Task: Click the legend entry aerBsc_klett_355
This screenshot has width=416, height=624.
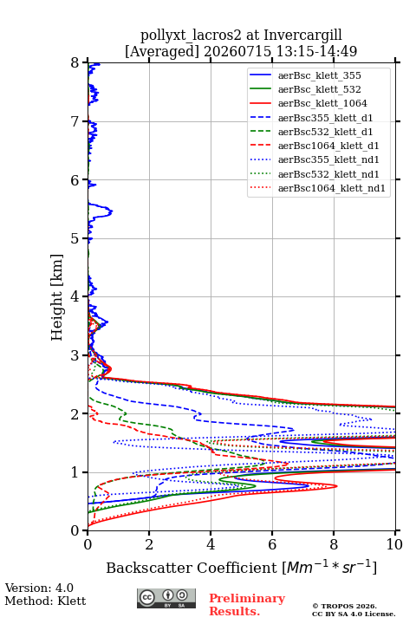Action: click(x=319, y=75)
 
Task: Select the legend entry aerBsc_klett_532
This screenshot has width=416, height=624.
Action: click(x=319, y=89)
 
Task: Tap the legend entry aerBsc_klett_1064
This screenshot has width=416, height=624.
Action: click(x=322, y=103)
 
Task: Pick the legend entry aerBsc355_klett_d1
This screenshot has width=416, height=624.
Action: click(x=325, y=118)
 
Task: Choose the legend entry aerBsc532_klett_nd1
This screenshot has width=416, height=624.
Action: click(x=328, y=174)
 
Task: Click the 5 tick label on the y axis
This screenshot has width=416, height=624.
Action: click(x=75, y=238)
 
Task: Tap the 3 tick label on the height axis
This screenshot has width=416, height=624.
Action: click(x=75, y=355)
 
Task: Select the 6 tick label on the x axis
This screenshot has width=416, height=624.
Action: click(x=272, y=544)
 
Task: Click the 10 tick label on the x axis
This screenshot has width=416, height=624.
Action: click(x=395, y=544)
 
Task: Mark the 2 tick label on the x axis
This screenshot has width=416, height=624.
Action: click(x=149, y=544)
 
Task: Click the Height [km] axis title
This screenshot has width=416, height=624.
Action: click(x=57, y=297)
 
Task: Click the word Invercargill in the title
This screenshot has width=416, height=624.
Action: click(x=303, y=36)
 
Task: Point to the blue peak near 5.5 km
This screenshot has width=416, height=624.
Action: click(x=112, y=211)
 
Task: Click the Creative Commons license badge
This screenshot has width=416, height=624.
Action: click(x=166, y=599)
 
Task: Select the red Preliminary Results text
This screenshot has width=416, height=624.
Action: click(x=247, y=605)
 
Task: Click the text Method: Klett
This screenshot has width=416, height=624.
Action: click(x=45, y=601)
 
